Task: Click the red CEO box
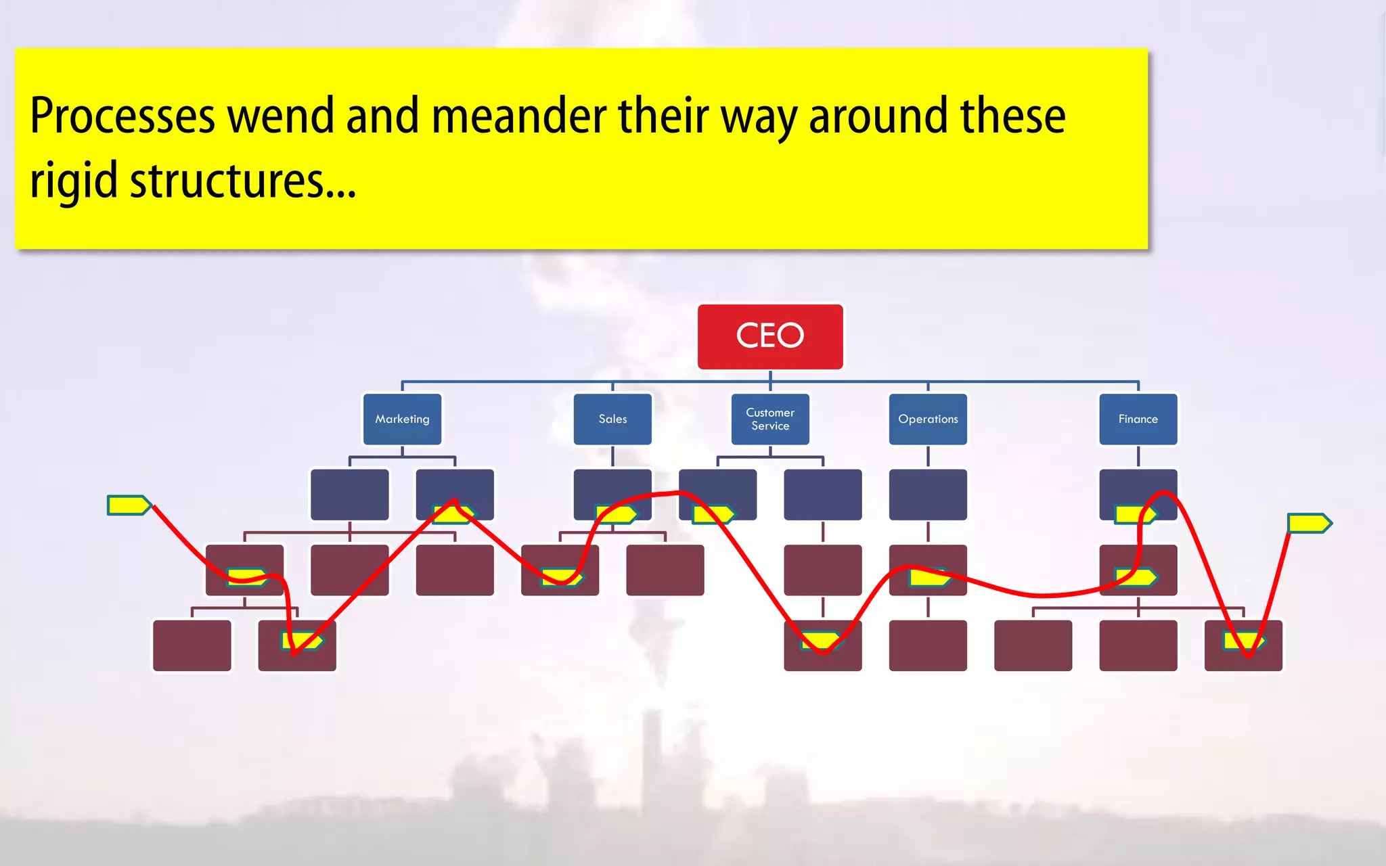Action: point(770,336)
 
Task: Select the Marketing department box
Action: point(402,419)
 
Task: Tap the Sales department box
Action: point(612,419)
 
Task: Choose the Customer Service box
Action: point(770,419)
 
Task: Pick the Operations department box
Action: point(928,419)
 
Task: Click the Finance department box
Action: point(1138,419)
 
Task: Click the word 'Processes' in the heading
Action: point(122,116)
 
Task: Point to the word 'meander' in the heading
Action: point(518,116)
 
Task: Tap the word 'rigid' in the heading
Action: point(74,181)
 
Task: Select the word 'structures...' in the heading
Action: point(242,181)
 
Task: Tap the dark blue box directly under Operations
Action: point(928,495)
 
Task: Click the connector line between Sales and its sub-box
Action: point(612,457)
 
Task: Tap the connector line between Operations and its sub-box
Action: point(928,457)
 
